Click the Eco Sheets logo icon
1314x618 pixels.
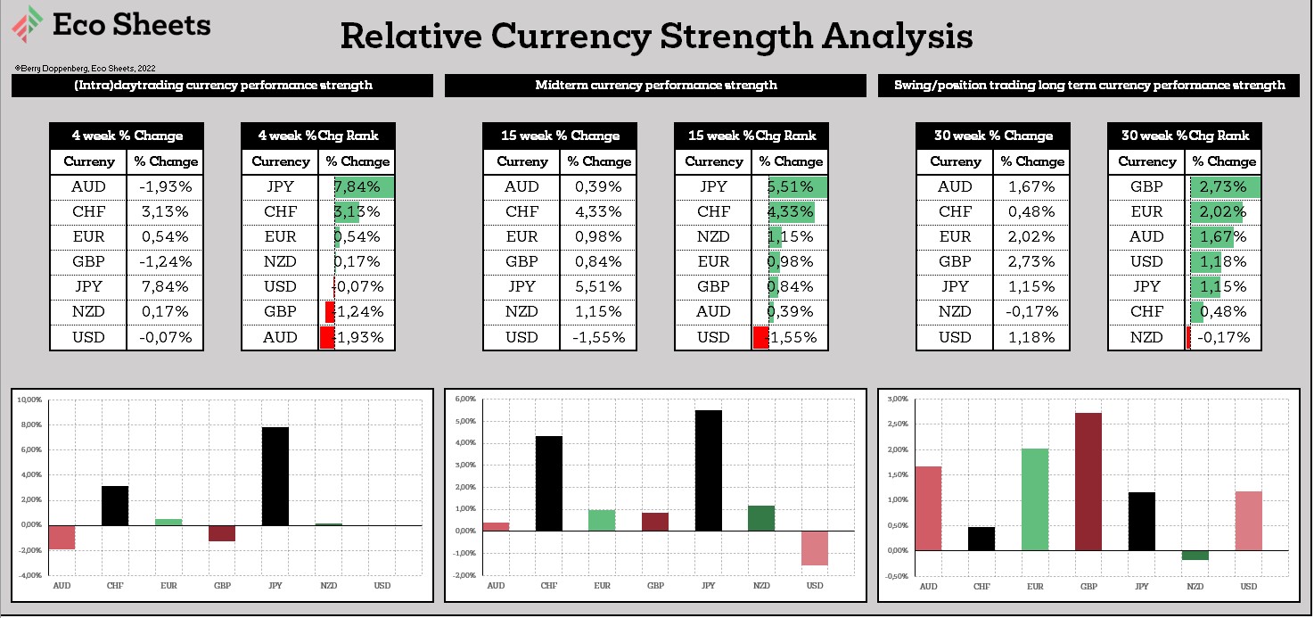click(x=28, y=23)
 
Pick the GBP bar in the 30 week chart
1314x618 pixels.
click(x=1088, y=482)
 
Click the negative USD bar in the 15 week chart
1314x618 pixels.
click(x=815, y=548)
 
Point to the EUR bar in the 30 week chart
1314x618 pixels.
click(x=1035, y=499)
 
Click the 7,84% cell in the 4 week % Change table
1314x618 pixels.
click(x=165, y=286)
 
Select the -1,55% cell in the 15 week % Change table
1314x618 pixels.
click(x=598, y=337)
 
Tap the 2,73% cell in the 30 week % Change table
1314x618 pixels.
click(x=1031, y=261)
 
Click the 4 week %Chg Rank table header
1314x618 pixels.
click(x=318, y=136)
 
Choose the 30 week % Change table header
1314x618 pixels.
click(x=992, y=136)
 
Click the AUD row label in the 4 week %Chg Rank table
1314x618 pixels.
click(x=280, y=337)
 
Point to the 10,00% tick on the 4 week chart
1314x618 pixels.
click(x=30, y=400)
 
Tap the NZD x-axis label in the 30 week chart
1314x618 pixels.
click(x=1195, y=587)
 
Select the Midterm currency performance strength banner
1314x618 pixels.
click(x=655, y=86)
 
